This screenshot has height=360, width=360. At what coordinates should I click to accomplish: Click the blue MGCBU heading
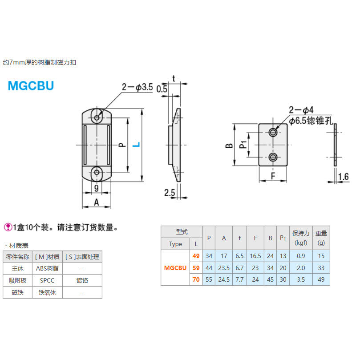click(x=31, y=85)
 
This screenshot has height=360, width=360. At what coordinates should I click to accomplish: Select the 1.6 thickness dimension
click(x=343, y=177)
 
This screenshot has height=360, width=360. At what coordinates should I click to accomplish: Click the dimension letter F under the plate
click(x=274, y=177)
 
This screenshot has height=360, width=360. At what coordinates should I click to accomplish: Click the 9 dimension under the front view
click(x=97, y=188)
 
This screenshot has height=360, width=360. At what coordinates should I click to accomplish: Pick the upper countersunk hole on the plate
click(x=274, y=133)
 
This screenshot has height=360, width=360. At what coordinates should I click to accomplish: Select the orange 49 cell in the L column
click(x=196, y=256)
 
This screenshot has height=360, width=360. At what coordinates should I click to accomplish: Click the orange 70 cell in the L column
click(x=196, y=280)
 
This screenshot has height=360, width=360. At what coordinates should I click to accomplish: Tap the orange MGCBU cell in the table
click(x=175, y=268)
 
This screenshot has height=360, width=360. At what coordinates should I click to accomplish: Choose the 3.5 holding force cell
click(x=300, y=280)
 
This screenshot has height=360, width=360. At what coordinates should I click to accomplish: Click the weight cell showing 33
click(x=320, y=268)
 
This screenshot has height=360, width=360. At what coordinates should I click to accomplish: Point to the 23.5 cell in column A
click(x=224, y=268)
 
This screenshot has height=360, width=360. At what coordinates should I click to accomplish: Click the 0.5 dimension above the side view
click(x=162, y=89)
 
